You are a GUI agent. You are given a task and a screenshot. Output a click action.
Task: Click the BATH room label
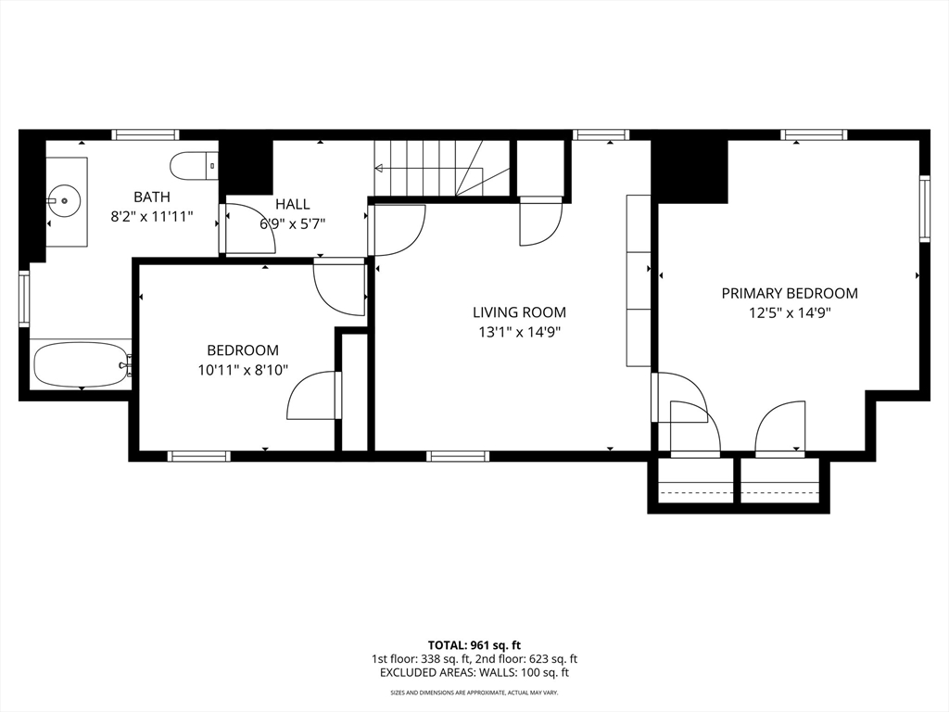pos(152,197)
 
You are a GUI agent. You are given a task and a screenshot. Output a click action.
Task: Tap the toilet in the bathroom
pos(194,166)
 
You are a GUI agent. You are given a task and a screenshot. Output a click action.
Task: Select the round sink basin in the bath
pos(64,198)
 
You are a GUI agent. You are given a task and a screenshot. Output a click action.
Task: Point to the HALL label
pos(292,204)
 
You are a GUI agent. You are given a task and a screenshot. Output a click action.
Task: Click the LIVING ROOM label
pos(519,312)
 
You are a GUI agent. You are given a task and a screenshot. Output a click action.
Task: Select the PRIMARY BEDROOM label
pos(790,294)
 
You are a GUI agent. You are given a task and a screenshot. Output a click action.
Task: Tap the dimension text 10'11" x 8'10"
pos(243,370)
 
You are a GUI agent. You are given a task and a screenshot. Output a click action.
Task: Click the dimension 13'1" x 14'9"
pos(519,333)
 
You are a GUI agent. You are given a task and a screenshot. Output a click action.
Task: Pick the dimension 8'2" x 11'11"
pos(152,216)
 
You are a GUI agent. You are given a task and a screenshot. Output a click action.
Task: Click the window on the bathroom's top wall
pos(146,135)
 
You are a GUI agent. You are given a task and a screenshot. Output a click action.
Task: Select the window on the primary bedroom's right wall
pos(924,209)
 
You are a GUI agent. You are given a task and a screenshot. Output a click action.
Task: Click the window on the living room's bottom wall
pos(458,456)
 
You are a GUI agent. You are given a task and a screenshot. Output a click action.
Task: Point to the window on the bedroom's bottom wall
pos(198,456)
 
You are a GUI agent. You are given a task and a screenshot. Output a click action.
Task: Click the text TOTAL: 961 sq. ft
pos(474,645)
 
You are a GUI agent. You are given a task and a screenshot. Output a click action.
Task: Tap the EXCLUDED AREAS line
pos(474,672)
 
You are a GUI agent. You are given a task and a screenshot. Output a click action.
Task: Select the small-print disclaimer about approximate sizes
pos(474,692)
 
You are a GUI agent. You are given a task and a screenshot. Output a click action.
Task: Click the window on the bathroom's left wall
pos(24,299)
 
